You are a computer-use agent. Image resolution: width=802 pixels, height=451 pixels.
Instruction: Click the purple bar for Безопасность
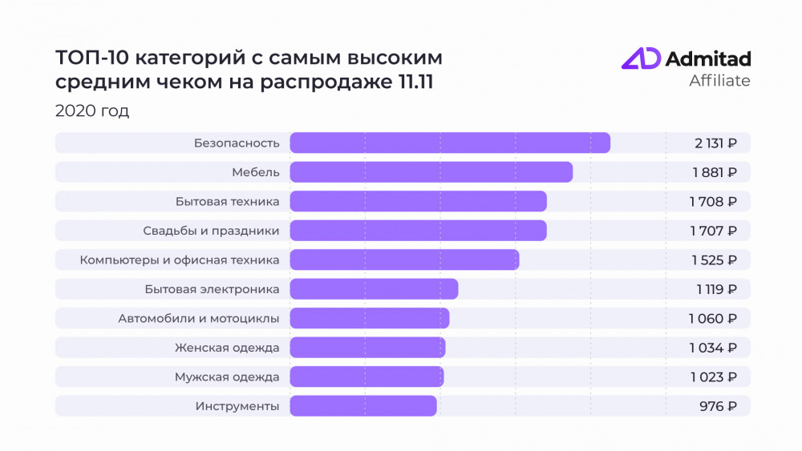pos(449,143)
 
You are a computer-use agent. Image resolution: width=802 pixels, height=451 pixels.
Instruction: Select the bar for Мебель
pos(431,172)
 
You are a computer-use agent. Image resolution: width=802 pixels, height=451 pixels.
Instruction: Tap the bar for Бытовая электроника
pos(374,288)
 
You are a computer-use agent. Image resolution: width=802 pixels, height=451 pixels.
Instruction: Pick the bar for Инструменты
pos(363,406)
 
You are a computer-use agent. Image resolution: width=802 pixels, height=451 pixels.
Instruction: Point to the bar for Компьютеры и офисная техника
pos(404,260)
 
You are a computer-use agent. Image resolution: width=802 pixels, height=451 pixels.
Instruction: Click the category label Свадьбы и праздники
pos(211,231)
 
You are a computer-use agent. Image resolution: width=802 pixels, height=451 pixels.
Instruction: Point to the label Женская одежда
pos(227,348)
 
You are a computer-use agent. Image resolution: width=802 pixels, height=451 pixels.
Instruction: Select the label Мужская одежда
pos(227,377)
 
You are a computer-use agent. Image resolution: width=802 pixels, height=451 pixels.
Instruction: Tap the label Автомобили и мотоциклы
pos(198,318)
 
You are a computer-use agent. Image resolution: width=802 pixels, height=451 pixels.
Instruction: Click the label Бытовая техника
pos(227,201)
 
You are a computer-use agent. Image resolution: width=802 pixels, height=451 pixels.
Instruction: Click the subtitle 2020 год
pos(92,111)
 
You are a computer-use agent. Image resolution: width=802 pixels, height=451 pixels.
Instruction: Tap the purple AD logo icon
pos(641,59)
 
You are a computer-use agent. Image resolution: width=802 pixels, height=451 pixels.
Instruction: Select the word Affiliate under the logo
pos(719,81)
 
